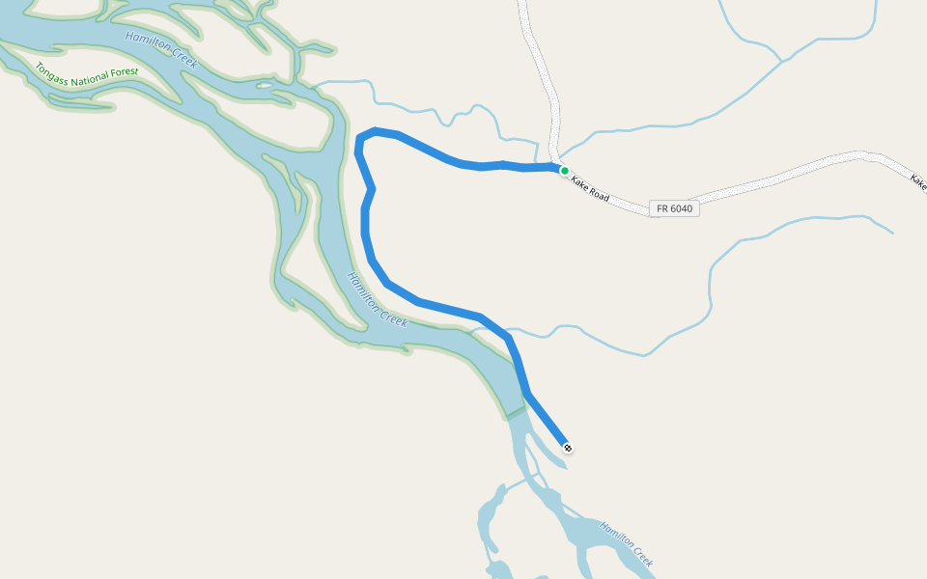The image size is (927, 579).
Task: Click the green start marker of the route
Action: click(565, 170)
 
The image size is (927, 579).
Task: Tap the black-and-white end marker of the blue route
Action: click(569, 447)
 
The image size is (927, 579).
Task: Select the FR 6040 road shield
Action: click(675, 208)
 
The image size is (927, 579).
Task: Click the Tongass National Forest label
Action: click(87, 72)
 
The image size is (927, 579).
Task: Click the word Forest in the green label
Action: click(124, 72)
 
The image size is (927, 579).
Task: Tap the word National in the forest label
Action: click(89, 73)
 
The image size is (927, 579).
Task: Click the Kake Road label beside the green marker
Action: click(589, 188)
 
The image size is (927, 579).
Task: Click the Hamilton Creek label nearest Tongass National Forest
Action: click(161, 49)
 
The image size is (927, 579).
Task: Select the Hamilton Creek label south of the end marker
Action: click(627, 543)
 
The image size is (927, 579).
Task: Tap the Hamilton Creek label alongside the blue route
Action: click(378, 299)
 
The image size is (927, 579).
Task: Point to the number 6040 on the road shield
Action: click(681, 208)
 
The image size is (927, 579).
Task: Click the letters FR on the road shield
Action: click(662, 208)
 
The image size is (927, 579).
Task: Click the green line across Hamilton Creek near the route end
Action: click(517, 414)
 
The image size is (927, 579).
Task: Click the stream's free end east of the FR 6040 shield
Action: click(892, 233)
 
